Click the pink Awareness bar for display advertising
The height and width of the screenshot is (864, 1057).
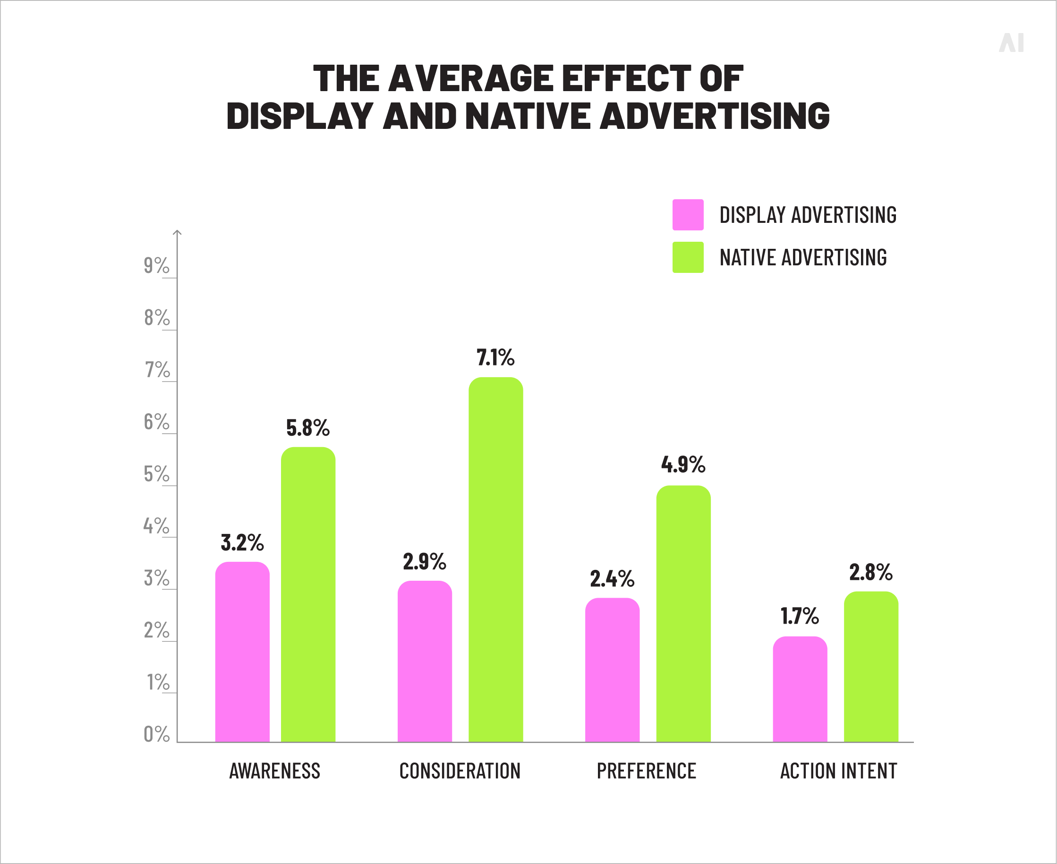[x=242, y=652]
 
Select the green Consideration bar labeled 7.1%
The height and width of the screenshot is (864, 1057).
[x=495, y=559]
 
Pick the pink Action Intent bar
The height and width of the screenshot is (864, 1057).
[x=800, y=689]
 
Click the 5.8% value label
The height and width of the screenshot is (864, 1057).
[x=307, y=428]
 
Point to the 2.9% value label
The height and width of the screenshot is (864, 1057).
[x=424, y=562]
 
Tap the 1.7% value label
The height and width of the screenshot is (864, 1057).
[x=799, y=616]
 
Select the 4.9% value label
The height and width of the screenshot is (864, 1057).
[x=683, y=465]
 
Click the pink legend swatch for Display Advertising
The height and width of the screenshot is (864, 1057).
[x=688, y=214]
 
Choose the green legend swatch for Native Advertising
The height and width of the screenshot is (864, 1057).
[x=688, y=257]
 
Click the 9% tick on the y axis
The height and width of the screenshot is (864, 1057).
[x=156, y=266]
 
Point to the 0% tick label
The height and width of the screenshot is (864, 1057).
[x=156, y=735]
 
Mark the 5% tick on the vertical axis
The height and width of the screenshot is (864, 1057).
[x=156, y=474]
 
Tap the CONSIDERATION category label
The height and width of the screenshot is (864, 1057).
[x=460, y=771]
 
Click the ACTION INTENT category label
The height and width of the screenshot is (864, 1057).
[x=838, y=771]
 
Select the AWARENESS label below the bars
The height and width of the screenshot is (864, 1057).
[x=274, y=771]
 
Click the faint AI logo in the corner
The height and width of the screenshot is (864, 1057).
[x=1011, y=43]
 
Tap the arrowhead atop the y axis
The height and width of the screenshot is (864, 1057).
[x=177, y=232]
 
